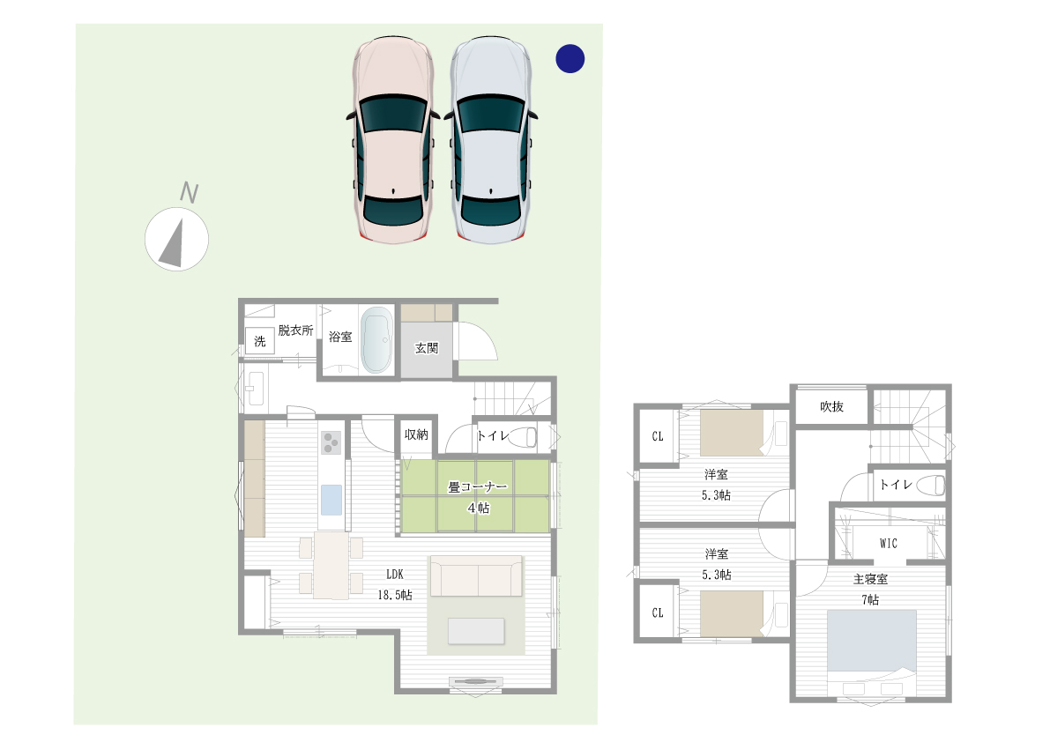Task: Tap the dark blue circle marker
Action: pos(570,58)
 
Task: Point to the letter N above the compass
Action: pos(188,191)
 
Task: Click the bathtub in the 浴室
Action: pos(376,340)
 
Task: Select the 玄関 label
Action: pos(427,348)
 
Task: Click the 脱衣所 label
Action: pos(295,330)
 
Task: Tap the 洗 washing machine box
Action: pos(260,341)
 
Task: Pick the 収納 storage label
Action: pos(416,434)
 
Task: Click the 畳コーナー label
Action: pos(478,486)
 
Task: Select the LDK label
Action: pos(394,574)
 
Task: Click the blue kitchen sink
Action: pos(332,500)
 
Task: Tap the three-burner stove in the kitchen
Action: pos(332,441)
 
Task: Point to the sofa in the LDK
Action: pos(476,579)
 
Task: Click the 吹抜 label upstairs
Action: pos(831,406)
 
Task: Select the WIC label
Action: pos(888,544)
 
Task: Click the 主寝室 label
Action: pos(870,580)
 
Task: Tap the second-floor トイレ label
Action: pos(895,484)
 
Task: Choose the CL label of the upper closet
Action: pos(658,436)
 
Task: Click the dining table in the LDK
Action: pos(331,565)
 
